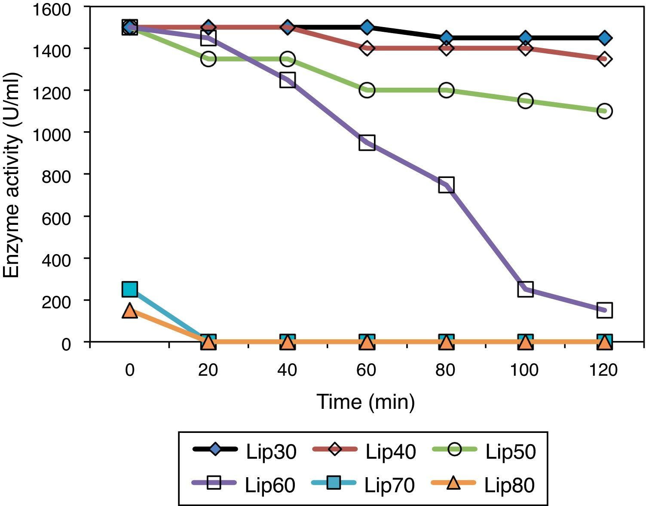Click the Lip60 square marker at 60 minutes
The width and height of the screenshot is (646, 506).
[367, 142]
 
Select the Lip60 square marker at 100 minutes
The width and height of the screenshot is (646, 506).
[525, 289]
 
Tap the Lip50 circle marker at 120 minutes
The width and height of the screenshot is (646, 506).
[604, 111]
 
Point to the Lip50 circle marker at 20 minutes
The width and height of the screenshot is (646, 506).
[208, 59]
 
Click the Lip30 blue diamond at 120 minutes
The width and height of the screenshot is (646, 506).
[604, 38]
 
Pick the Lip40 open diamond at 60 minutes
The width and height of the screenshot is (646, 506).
[367, 48]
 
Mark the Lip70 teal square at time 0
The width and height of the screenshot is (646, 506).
[130, 289]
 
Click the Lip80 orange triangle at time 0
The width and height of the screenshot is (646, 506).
[130, 310]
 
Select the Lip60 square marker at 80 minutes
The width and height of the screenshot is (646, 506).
[446, 185]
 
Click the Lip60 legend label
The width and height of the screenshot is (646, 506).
[270, 485]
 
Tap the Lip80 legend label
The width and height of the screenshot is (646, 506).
[509, 485]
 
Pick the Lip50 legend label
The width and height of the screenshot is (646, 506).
[511, 452]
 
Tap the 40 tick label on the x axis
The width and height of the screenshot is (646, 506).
[287, 370]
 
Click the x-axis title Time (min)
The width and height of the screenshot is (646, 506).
[366, 402]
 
